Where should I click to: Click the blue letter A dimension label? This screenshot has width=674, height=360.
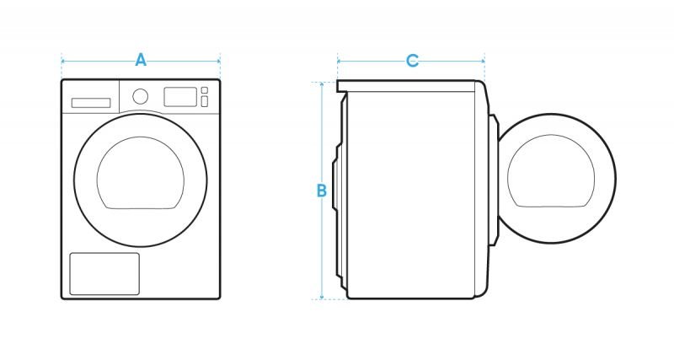click(141, 60)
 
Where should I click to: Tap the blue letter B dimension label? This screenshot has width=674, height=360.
click(322, 191)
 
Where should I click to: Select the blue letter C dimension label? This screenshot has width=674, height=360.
click(412, 61)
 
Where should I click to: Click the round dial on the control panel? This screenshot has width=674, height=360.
click(141, 96)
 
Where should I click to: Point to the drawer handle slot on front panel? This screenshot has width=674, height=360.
click(91, 103)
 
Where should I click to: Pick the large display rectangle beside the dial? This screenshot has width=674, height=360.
click(180, 97)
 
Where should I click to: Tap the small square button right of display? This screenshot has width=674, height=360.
click(205, 90)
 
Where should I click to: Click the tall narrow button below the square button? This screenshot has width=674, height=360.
click(205, 101)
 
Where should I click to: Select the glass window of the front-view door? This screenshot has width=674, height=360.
click(141, 173)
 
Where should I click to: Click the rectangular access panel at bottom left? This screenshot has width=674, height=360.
click(104, 274)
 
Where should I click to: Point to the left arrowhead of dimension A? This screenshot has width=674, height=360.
click(63, 61)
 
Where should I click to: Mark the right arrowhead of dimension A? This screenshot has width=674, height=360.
click(218, 61)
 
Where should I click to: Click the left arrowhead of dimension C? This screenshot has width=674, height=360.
click(340, 61)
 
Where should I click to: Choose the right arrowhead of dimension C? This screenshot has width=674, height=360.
click(483, 61)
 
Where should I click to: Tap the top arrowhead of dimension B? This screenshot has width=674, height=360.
click(322, 83)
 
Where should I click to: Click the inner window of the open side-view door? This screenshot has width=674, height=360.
click(551, 171)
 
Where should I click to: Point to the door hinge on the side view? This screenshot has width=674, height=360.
click(495, 180)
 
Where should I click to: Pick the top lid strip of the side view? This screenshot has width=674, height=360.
click(407, 86)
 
